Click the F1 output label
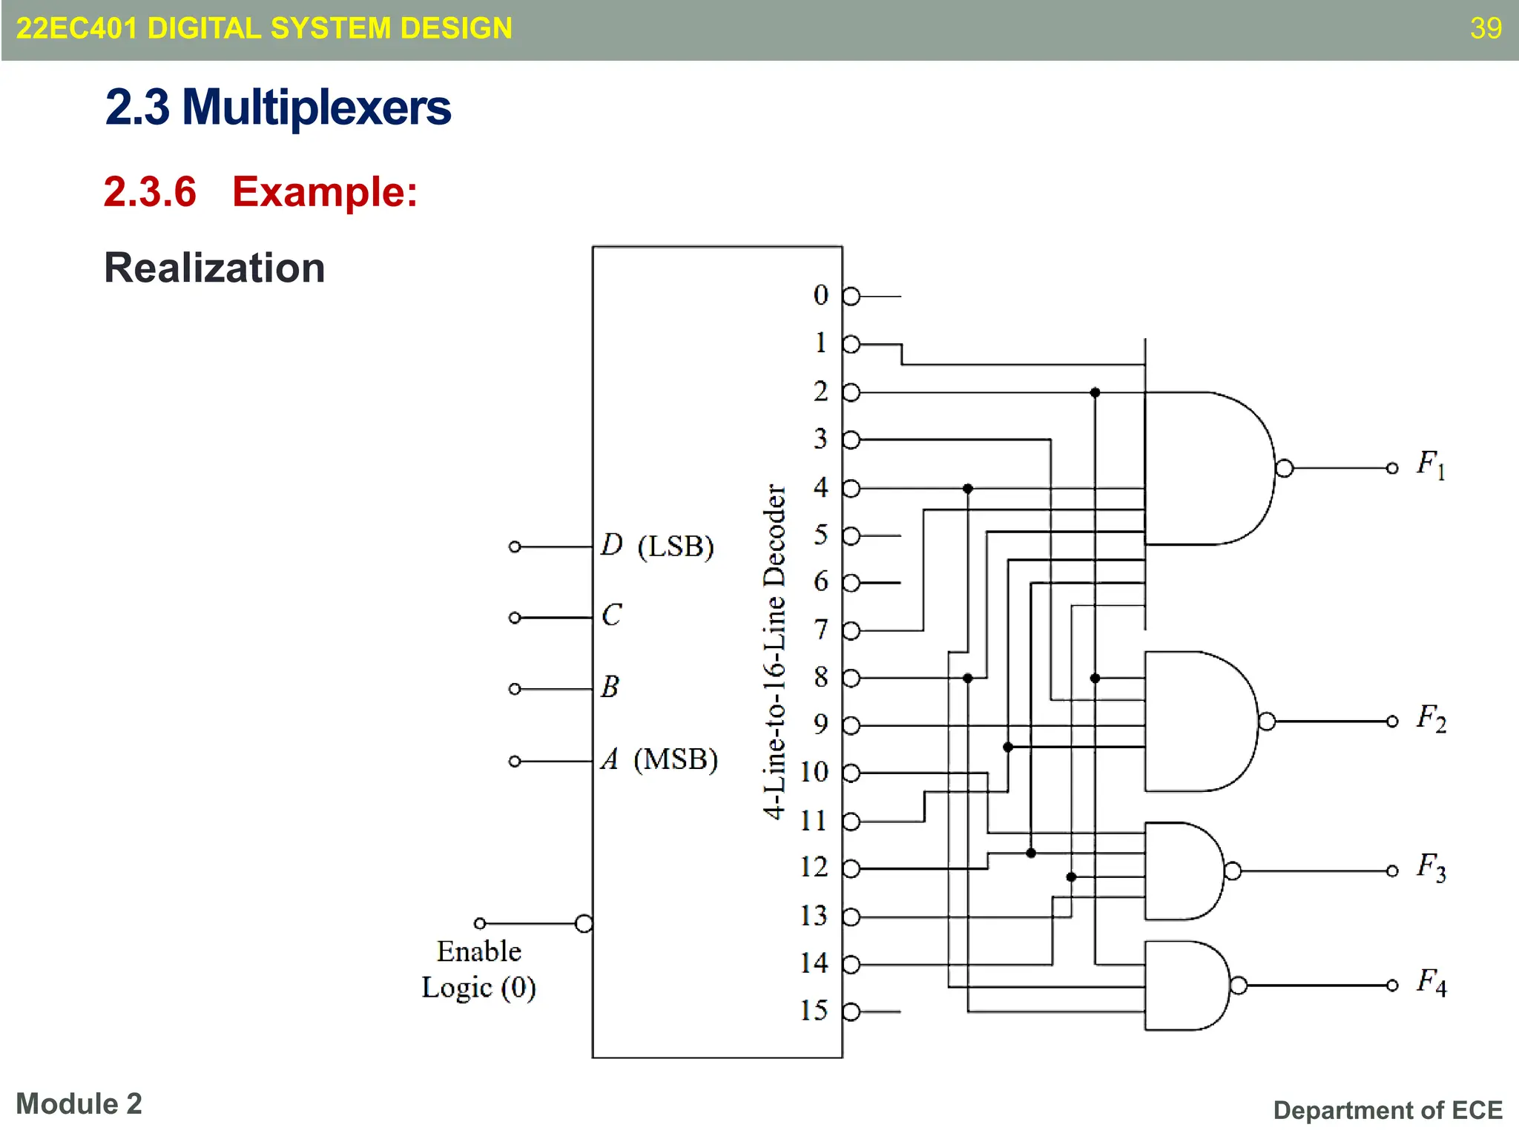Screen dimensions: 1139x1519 1430,465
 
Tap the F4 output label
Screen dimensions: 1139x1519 1430,983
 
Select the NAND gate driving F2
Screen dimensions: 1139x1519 1198,721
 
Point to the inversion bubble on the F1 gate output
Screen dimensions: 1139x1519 1284,468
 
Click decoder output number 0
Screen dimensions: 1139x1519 820,295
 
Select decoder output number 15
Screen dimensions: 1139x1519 813,1010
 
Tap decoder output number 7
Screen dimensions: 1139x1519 820,630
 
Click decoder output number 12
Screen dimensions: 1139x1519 813,867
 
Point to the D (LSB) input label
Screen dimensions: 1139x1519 656,546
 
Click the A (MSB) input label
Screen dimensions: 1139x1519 659,759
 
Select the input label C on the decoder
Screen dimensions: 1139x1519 611,615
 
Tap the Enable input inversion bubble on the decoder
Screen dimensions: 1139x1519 584,923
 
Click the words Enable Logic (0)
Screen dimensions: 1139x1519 479,969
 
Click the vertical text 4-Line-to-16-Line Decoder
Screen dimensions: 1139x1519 774,651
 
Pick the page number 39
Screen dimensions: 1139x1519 1486,28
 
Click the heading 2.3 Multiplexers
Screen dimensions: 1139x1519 277,108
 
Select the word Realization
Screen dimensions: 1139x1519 214,268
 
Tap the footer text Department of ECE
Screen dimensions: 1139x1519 1387,1110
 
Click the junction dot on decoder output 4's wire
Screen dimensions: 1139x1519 967,489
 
